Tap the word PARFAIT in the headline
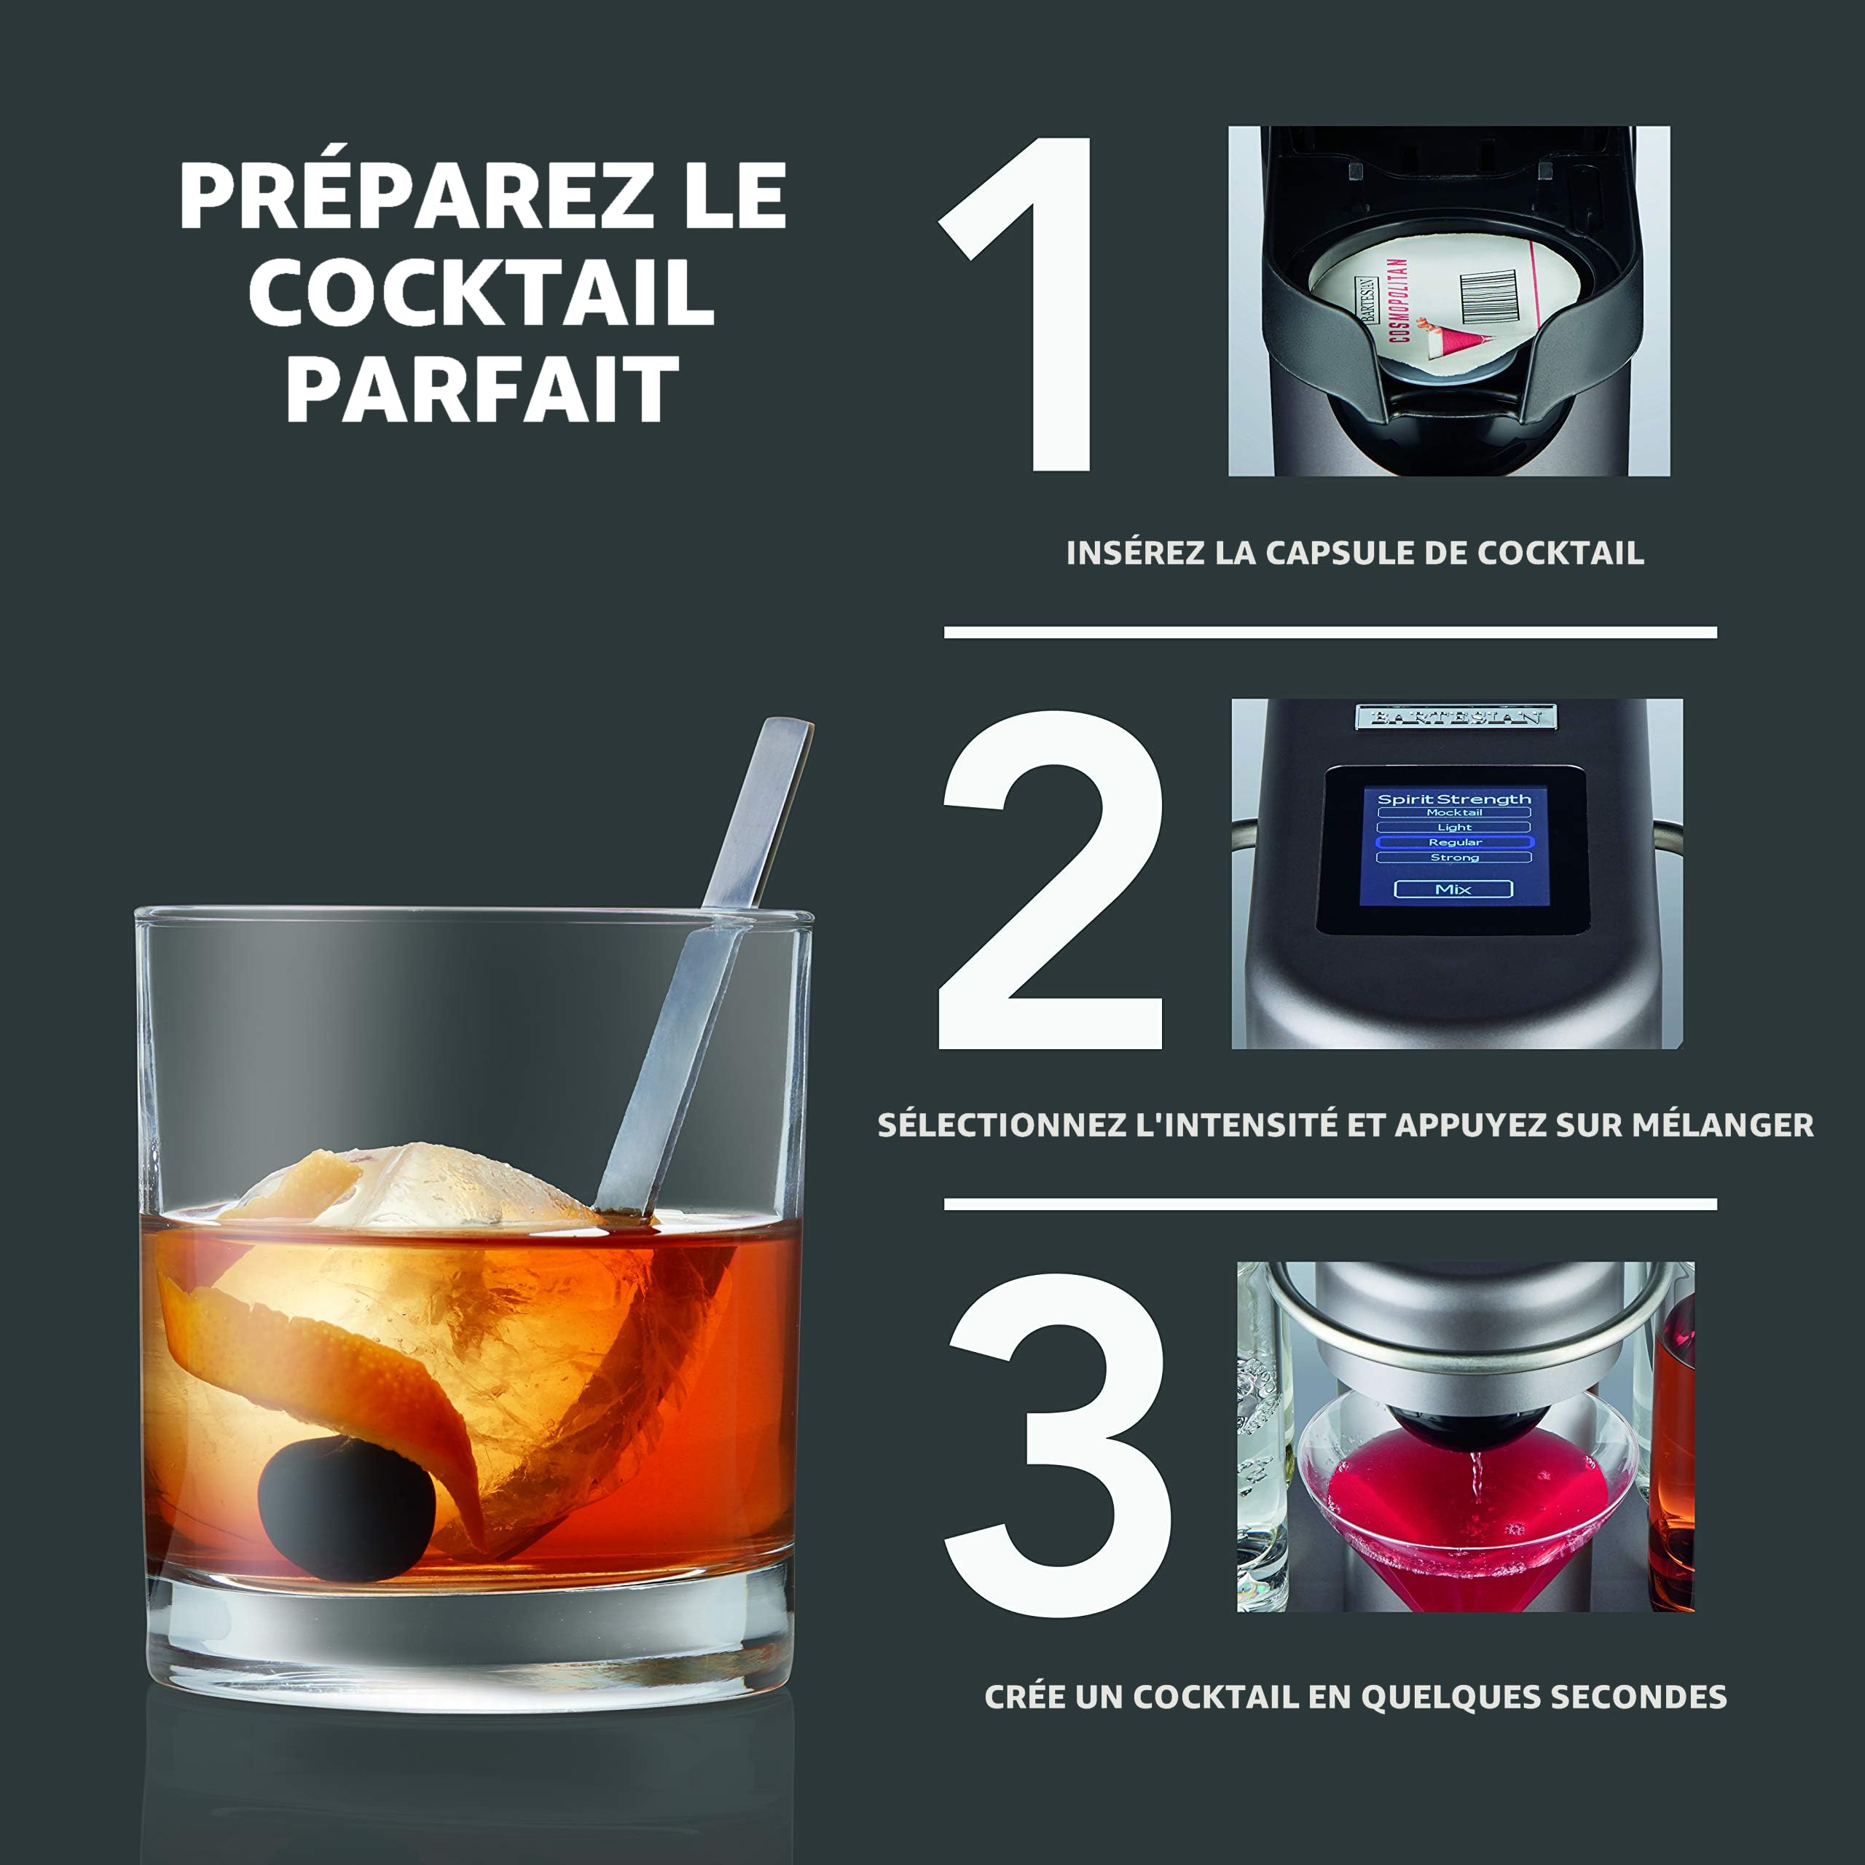(483, 389)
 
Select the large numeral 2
(1051, 879)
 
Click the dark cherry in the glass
(347, 1509)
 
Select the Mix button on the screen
(1453, 889)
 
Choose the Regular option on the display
(1454, 841)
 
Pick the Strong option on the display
(1454, 857)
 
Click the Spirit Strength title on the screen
(1454, 798)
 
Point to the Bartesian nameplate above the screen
(1456, 716)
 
